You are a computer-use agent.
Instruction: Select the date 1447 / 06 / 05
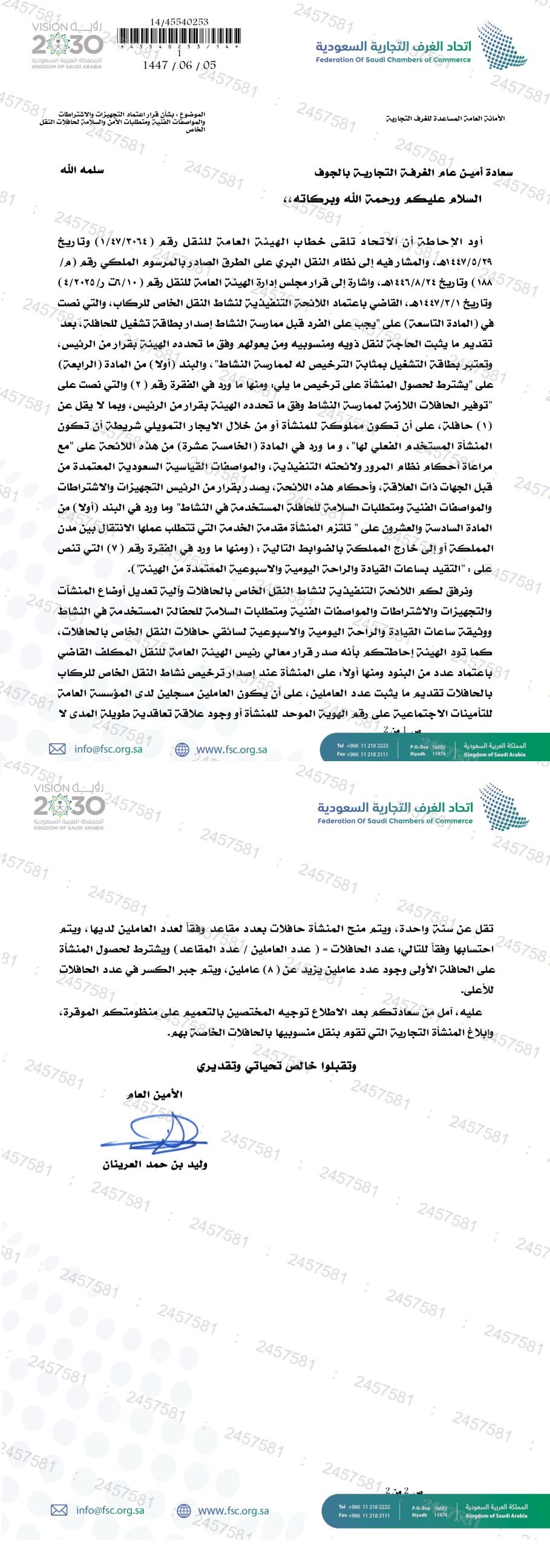[179, 65]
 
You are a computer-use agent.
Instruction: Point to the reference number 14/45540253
[179, 22]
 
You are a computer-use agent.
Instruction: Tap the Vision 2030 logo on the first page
[67, 45]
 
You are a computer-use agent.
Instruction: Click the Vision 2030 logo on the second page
[69, 807]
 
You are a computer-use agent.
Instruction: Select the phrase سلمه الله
[82, 170]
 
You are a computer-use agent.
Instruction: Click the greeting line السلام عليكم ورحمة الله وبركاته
[382, 198]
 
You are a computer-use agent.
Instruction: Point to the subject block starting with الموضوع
[123, 121]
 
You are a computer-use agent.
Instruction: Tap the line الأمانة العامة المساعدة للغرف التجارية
[445, 118]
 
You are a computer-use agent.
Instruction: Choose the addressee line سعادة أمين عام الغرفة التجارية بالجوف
[413, 172]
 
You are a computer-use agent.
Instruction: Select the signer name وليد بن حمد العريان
[155, 1164]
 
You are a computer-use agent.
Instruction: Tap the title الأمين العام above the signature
[155, 1094]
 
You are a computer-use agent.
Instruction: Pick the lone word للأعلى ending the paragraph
[477, 990]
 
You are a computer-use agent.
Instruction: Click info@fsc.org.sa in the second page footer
[110, 1510]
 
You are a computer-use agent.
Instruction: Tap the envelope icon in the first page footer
[57, 749]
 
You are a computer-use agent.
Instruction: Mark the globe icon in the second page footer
[184, 1510]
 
